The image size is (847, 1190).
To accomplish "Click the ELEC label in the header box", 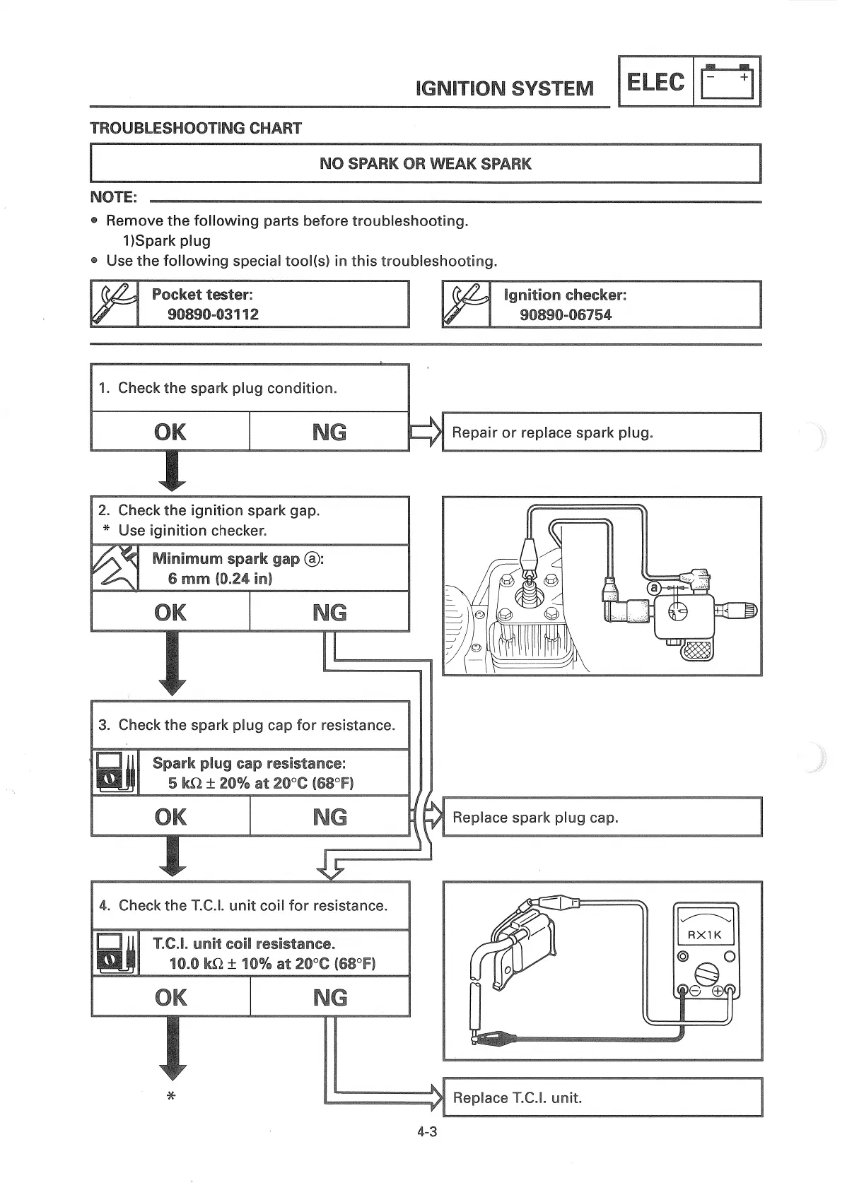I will pyautogui.click(x=655, y=82).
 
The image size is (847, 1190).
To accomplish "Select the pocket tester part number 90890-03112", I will pyautogui.click(x=213, y=314).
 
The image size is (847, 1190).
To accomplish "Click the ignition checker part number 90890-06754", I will pyautogui.click(x=565, y=315).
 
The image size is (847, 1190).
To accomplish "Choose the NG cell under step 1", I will pyautogui.click(x=329, y=432).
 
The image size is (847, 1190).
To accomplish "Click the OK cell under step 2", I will pyautogui.click(x=170, y=612).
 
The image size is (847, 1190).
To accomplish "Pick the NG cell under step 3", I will pyautogui.click(x=329, y=817).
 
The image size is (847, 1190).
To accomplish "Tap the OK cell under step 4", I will pyautogui.click(x=170, y=998).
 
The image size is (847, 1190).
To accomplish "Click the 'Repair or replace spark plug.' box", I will pyautogui.click(x=601, y=432).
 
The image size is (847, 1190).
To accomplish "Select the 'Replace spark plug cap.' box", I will pyautogui.click(x=602, y=818).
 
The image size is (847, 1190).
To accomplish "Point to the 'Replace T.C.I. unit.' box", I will pyautogui.click(x=602, y=1097).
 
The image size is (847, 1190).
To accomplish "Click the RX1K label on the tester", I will pyautogui.click(x=705, y=935).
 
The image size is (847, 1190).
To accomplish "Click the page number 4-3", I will pyautogui.click(x=427, y=1132).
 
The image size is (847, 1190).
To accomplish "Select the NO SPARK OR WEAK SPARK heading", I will pyautogui.click(x=425, y=164).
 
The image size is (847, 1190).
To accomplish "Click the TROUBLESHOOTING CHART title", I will pyautogui.click(x=196, y=129).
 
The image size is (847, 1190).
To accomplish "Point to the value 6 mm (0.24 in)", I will pyautogui.click(x=220, y=579).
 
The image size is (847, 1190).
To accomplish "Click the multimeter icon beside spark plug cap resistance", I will pyautogui.click(x=115, y=773).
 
